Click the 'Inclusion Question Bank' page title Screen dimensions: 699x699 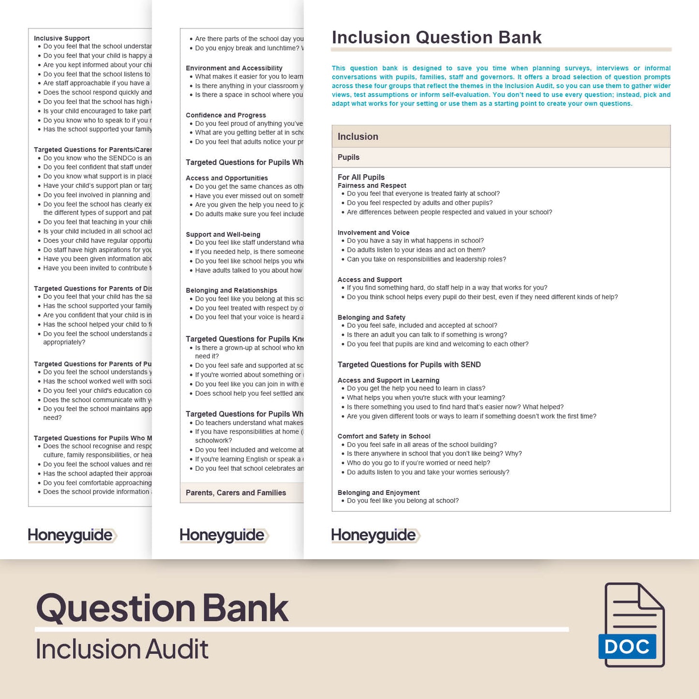436,38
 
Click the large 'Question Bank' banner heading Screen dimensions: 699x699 163,608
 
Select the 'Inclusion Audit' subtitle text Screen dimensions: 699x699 122,649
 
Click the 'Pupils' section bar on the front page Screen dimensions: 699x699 348,157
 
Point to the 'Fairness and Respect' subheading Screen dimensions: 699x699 372,185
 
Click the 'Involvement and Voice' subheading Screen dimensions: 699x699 373,233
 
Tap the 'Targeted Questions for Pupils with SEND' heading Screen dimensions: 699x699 409,365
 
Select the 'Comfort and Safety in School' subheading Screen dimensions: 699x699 384,436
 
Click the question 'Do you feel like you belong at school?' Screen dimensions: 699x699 402,501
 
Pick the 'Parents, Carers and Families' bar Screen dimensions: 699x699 236,493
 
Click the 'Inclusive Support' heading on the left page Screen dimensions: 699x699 62,38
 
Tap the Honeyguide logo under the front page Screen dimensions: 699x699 375,535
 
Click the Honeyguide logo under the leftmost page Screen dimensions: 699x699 72,535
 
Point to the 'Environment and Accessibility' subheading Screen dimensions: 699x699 234,68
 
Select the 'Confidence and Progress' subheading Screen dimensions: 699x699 226,115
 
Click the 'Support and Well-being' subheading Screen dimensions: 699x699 223,235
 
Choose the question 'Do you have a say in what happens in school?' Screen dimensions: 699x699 415,240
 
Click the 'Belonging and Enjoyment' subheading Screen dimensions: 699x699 378,492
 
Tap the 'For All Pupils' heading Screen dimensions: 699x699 361,177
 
